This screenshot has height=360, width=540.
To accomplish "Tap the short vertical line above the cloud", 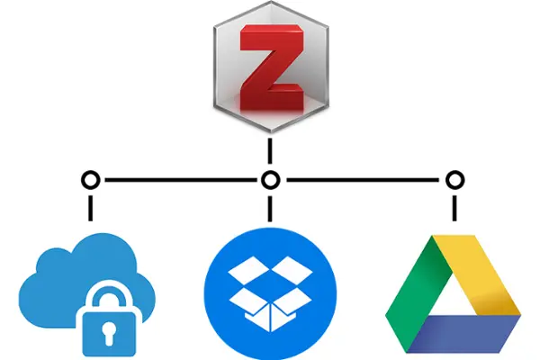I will pos(90,205).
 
